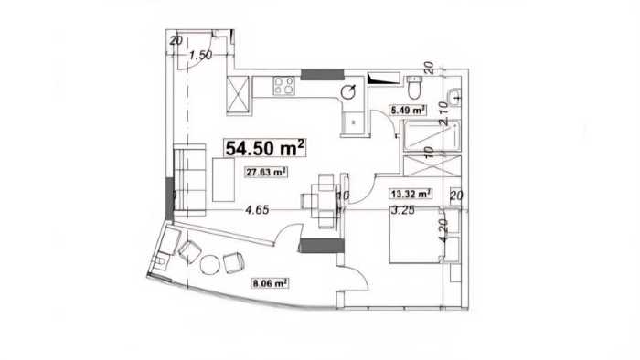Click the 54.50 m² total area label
click(x=265, y=148)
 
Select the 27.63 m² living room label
click(x=266, y=173)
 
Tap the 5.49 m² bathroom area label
click(x=408, y=110)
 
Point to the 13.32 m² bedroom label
click(x=411, y=194)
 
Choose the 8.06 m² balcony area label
click(x=270, y=282)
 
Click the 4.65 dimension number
click(x=257, y=210)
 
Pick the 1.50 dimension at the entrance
click(x=200, y=55)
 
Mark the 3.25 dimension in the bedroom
click(x=403, y=210)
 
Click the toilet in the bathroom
click(x=414, y=87)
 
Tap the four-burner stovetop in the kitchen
click(x=284, y=86)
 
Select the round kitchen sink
click(x=348, y=92)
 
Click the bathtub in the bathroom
click(x=432, y=136)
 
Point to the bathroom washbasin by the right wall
click(x=453, y=98)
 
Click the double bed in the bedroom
click(x=416, y=236)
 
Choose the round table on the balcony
click(x=210, y=265)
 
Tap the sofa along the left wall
click(x=190, y=180)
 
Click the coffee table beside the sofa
click(x=224, y=179)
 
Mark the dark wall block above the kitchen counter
click(x=323, y=75)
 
